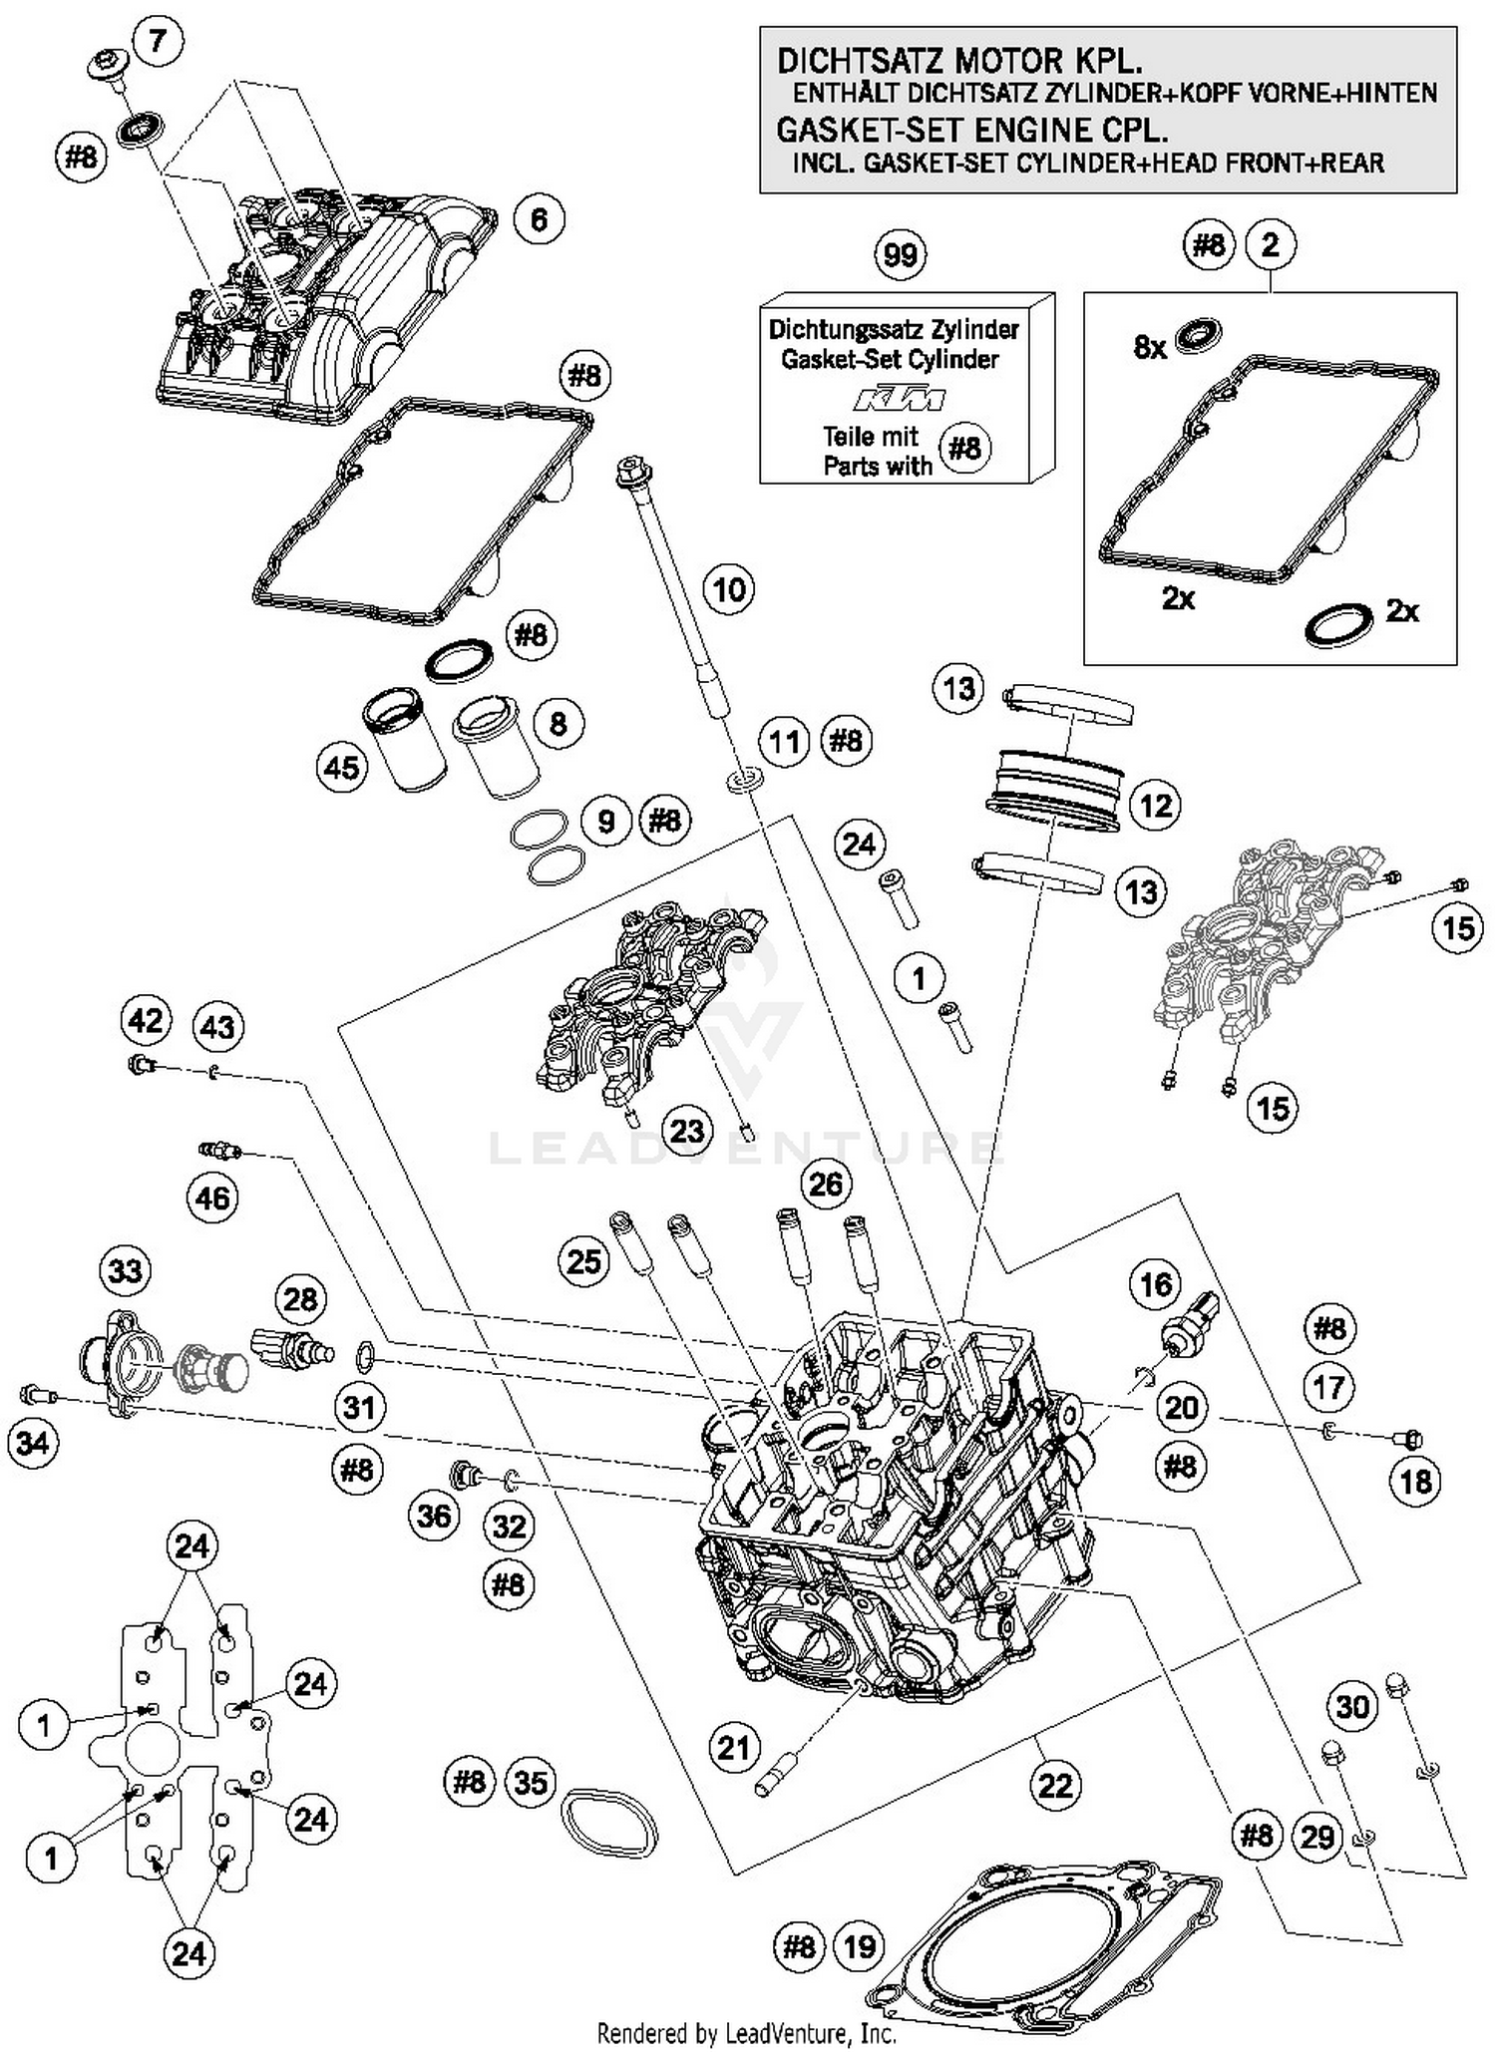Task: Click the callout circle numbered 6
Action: coord(540,219)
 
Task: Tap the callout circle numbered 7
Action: coord(158,42)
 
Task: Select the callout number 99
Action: coord(901,255)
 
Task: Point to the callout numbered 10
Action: coord(729,589)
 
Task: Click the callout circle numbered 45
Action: coord(342,767)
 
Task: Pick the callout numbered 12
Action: coord(1155,805)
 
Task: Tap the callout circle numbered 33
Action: coord(126,1271)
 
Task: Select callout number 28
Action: coord(300,1299)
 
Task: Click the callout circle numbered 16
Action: coord(1155,1284)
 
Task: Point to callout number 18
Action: coord(1416,1482)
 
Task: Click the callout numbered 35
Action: coord(531,1782)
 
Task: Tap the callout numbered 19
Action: coord(860,1945)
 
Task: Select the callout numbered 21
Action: coord(734,1747)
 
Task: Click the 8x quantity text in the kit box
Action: coord(1150,347)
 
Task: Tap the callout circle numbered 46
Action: coord(213,1198)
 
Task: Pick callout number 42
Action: coord(146,1021)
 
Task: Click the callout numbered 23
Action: coord(687,1131)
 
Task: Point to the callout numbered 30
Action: coord(1351,1706)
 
